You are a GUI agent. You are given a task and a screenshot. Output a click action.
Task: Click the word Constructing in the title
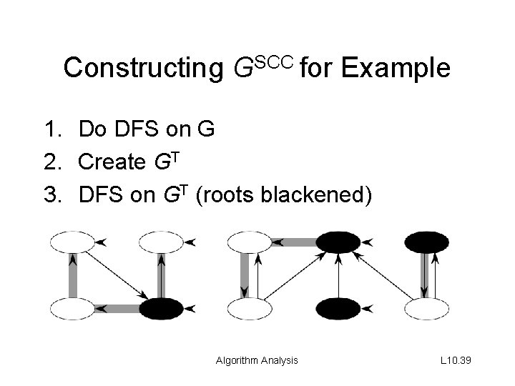tap(143, 69)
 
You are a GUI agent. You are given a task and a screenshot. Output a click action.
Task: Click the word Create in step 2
tap(111, 162)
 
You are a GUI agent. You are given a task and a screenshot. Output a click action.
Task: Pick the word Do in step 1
tap(91, 130)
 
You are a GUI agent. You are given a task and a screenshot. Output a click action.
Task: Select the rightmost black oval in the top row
tap(426, 242)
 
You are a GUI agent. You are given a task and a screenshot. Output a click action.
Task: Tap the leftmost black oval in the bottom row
tap(162, 309)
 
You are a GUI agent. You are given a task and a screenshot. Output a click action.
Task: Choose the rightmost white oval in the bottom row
tap(427, 309)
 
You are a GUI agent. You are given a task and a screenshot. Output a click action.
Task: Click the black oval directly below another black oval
tap(338, 309)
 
